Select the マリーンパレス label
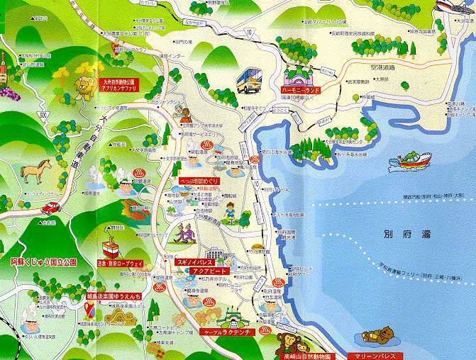click(x=376, y=355)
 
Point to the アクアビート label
click(x=217, y=271)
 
